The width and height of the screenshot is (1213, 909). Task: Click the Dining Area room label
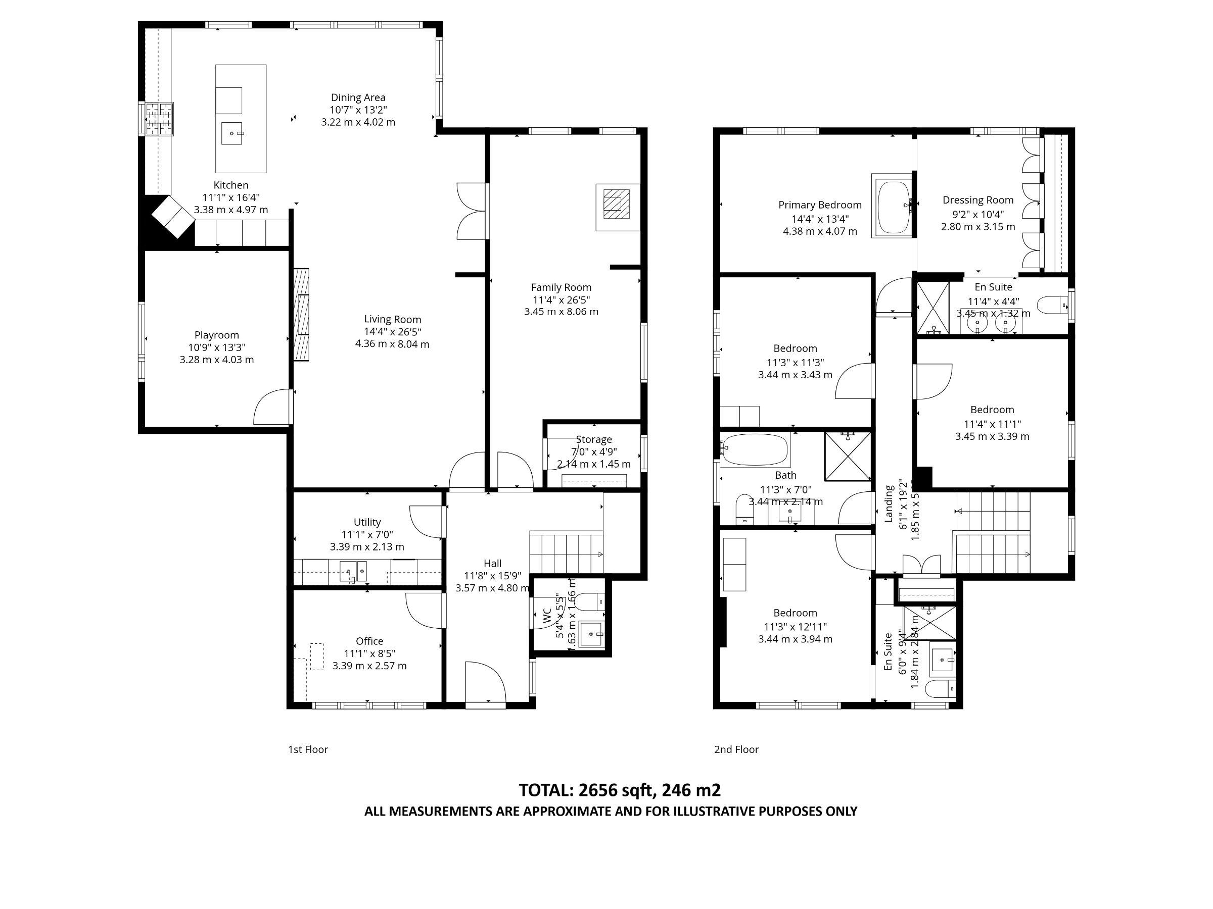coord(357,97)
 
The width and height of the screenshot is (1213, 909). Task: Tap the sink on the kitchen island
coord(231,133)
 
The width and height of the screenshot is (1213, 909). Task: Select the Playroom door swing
coord(271,407)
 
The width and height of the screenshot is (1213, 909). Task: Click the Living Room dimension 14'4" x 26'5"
coord(392,331)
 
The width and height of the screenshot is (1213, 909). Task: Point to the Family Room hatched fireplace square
coord(617,204)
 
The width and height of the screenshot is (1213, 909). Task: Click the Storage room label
coord(593,439)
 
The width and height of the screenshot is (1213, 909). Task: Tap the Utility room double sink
coord(353,572)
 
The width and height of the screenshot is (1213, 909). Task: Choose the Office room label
coord(369,641)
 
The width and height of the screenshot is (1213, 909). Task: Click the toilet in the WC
coord(588,601)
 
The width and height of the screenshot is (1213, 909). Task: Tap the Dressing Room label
coord(978,200)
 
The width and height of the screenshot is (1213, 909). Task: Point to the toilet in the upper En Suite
coord(1052,305)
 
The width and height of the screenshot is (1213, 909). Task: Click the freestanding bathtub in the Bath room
coord(755,449)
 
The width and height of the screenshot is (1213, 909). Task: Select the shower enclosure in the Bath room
coord(847,456)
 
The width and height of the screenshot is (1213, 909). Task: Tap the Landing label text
coord(889,503)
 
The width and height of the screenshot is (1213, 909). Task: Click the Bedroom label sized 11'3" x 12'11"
coord(795,613)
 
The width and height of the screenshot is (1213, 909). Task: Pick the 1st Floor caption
coord(308,749)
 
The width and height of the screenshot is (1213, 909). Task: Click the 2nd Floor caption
coord(736,749)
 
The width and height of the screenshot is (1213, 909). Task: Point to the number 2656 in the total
coord(596,790)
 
